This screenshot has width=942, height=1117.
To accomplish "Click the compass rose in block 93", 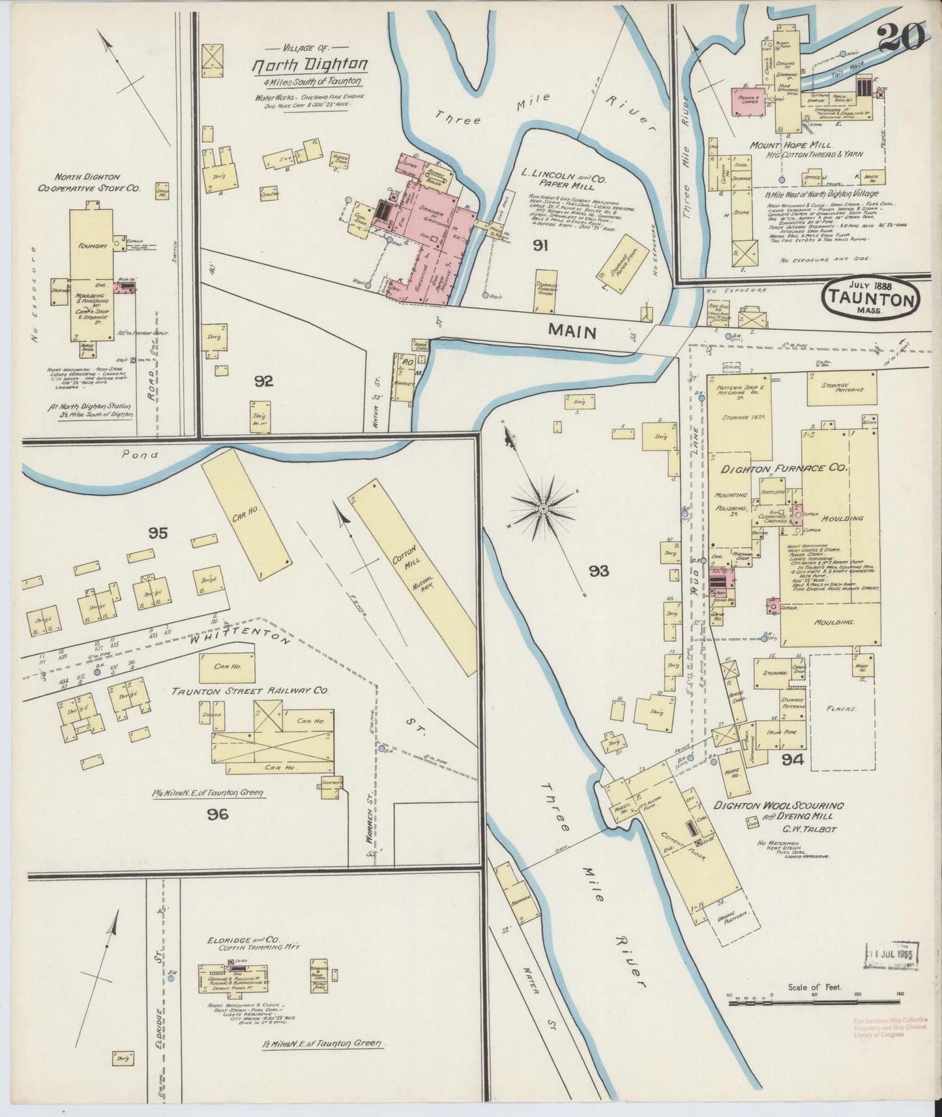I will click(542, 506).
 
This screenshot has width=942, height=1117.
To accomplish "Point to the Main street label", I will click(572, 331).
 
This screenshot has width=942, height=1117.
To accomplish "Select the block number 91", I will click(540, 246).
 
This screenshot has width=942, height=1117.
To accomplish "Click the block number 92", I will click(263, 381).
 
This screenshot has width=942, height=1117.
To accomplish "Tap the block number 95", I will click(158, 534).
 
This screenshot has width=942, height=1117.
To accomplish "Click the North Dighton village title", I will click(310, 65).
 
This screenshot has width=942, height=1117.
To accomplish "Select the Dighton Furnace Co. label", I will click(783, 468).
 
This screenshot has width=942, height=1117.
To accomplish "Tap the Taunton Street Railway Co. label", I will click(250, 690).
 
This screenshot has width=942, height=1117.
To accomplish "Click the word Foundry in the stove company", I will click(93, 246).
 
